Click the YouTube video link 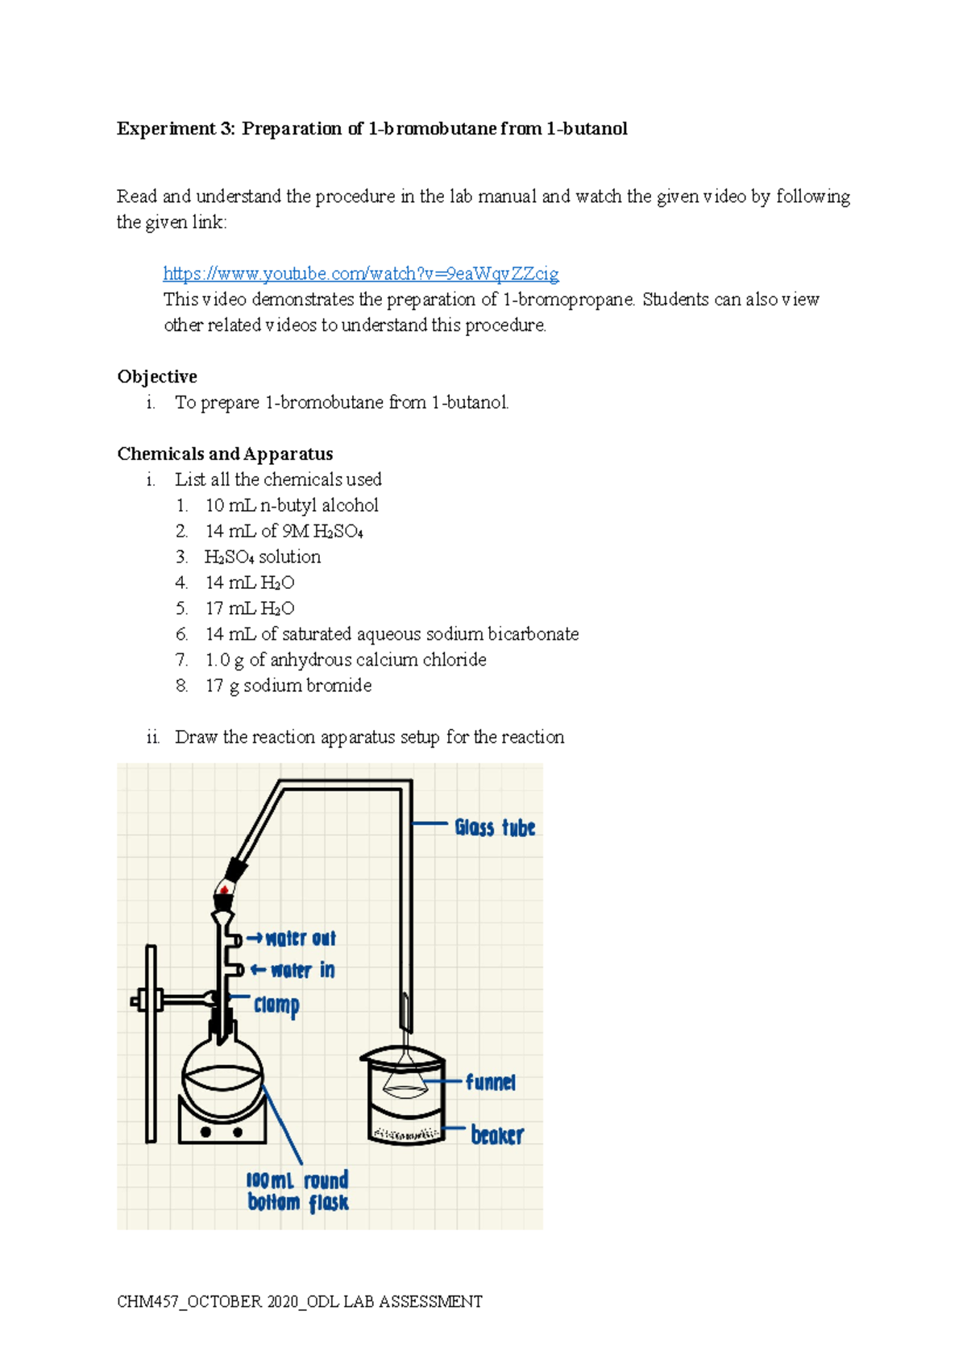tap(360, 274)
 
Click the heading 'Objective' tap(157, 377)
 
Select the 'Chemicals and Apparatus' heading tap(225, 454)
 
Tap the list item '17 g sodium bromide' tap(288, 686)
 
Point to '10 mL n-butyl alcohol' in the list tap(291, 506)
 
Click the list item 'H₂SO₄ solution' tap(262, 558)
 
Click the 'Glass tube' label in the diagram tap(494, 827)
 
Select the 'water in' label tap(302, 970)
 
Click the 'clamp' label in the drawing tap(276, 1005)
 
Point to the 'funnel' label tap(490, 1082)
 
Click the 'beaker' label tap(496, 1135)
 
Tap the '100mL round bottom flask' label tap(297, 1192)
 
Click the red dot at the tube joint tap(223, 890)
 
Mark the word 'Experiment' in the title tap(166, 129)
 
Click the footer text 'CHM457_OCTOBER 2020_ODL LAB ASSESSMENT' tap(299, 1302)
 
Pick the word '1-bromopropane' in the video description tap(568, 300)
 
